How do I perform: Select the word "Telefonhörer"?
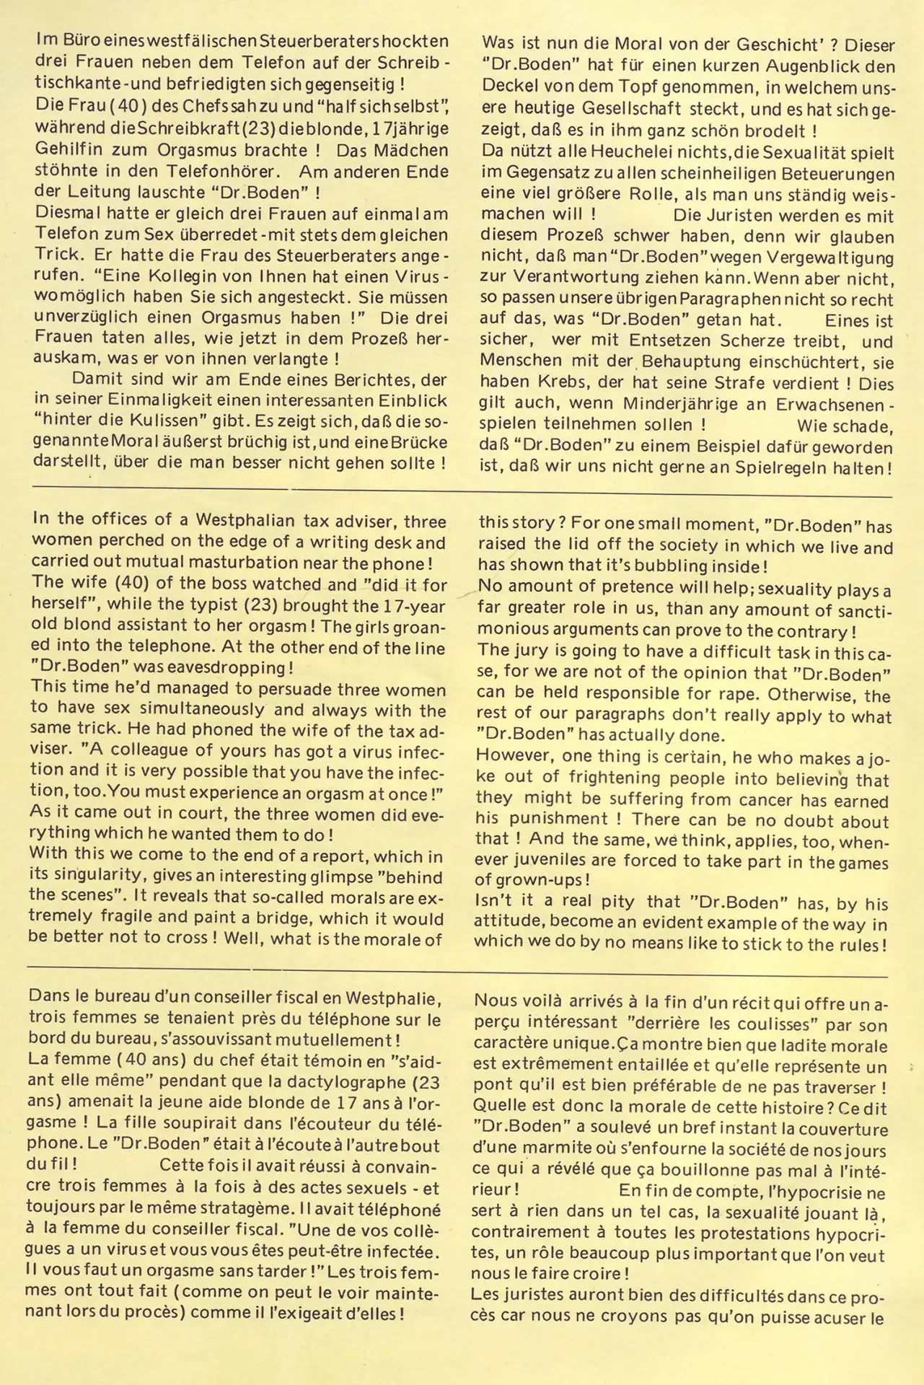pos(230,172)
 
